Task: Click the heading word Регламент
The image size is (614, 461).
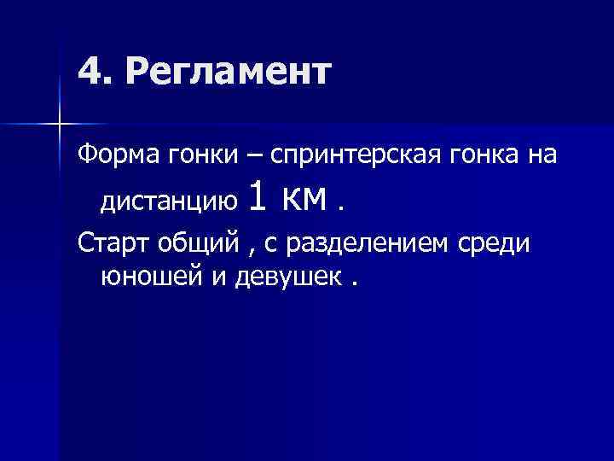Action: point(227,73)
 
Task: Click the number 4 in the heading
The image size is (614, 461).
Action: point(89,73)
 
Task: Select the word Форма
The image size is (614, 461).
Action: point(109,156)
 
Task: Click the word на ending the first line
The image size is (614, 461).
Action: point(543,156)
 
